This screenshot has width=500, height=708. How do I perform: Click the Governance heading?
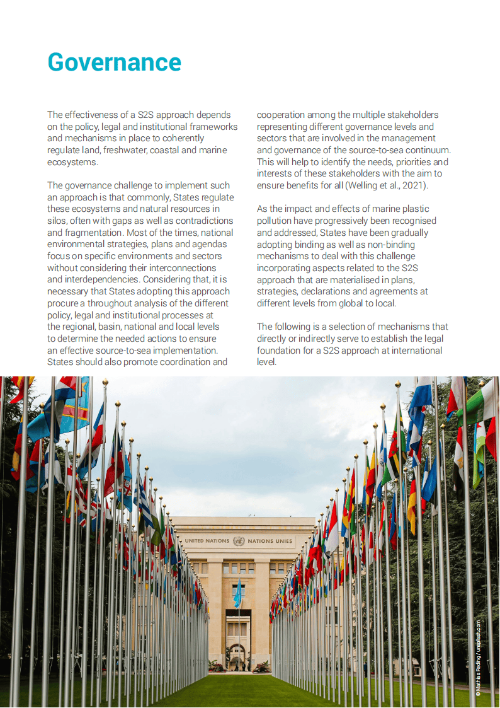114,62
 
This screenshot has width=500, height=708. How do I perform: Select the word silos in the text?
58,221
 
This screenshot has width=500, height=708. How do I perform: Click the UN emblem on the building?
239,541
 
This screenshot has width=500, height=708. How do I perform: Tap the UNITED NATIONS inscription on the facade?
207,541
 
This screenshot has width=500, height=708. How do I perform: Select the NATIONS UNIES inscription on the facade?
270,541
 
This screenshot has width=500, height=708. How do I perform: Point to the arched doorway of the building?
238,656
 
